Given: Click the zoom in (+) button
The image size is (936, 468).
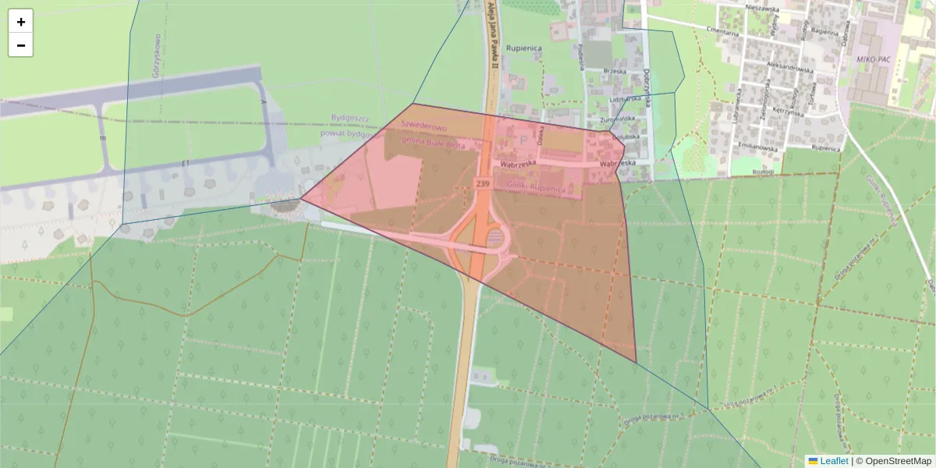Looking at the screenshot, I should click(21, 21).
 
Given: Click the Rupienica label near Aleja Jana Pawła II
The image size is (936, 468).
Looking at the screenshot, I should click(523, 48).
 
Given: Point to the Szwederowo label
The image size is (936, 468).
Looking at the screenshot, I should click(422, 127).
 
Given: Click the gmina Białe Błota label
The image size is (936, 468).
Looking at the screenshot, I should click(433, 144).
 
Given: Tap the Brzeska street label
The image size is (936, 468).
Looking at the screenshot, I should click(615, 71).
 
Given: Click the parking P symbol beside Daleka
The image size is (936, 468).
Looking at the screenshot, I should click(523, 139).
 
